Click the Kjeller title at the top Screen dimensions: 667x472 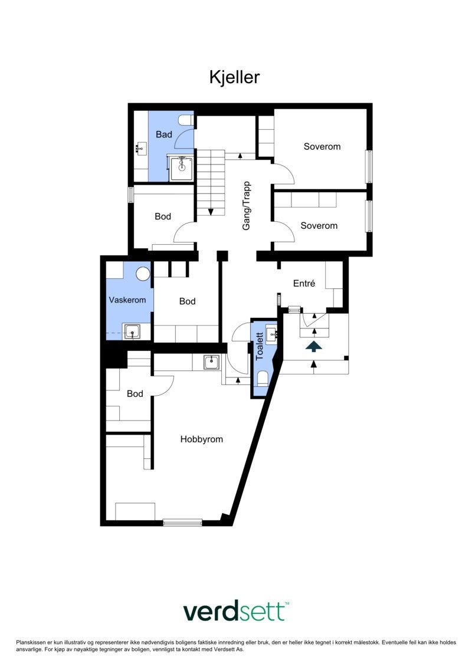[234, 77]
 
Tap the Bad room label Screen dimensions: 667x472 [163, 134]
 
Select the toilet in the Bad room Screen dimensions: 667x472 [186, 120]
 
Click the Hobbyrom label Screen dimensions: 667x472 [202, 439]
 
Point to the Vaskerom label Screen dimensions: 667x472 [127, 300]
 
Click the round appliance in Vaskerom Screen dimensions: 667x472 [143, 274]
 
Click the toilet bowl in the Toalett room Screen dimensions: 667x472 [263, 379]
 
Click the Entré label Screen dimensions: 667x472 [304, 284]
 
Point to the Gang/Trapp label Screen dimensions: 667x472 [247, 205]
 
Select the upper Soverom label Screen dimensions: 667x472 [322, 146]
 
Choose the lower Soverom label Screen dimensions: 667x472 [319, 225]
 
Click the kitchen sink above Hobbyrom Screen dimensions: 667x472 [212, 362]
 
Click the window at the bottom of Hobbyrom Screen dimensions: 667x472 [182, 522]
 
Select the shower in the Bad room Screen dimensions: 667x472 [181, 167]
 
